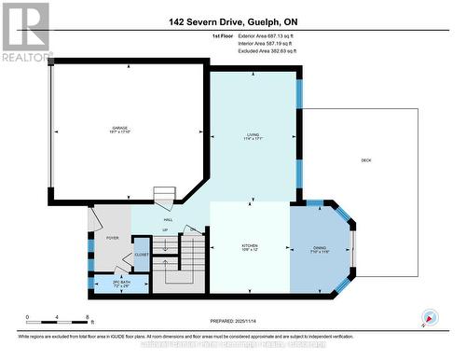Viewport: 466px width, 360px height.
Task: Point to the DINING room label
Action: (x=320, y=247)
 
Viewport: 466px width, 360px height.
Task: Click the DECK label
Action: (x=366, y=159)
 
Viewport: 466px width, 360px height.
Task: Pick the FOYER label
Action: (x=112, y=239)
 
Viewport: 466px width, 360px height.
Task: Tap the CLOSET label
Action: (x=141, y=254)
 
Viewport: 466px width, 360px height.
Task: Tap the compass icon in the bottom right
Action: (x=430, y=316)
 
